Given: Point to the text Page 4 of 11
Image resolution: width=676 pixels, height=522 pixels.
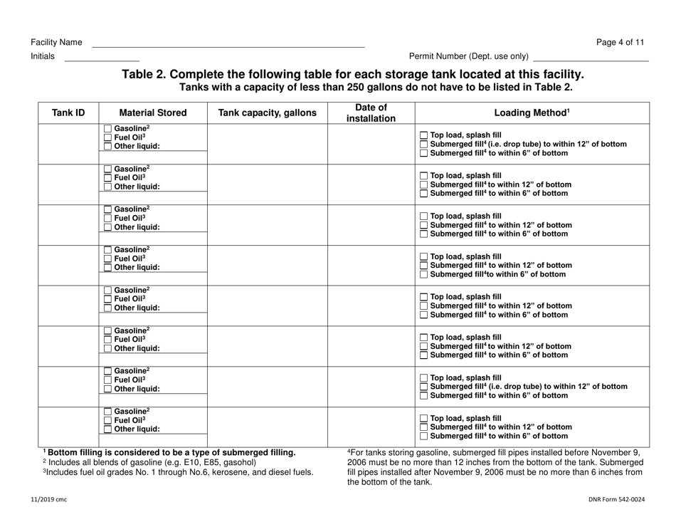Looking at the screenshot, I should click(620, 42).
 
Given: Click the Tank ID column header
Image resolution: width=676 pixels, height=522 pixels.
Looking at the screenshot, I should click(68, 113).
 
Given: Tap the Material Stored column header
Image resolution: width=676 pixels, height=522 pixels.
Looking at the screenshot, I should click(153, 113).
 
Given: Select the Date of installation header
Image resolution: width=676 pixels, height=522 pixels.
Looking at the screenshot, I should click(371, 113).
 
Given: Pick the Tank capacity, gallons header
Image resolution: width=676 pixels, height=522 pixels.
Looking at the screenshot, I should click(268, 113).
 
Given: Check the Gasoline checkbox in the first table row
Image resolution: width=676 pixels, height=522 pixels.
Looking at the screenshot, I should click(107, 128).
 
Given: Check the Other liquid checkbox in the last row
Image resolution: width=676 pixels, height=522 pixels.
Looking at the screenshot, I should click(107, 429).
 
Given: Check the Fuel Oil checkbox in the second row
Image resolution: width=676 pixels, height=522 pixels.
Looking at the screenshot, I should click(107, 178).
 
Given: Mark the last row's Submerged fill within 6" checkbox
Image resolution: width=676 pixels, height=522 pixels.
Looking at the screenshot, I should click(424, 437).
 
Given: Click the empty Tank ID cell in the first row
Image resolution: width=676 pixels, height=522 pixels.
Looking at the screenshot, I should click(68, 142).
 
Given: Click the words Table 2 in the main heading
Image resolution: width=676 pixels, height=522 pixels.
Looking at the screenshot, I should click(147, 75).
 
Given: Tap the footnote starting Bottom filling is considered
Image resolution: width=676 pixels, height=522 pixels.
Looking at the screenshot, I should click(171, 452).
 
